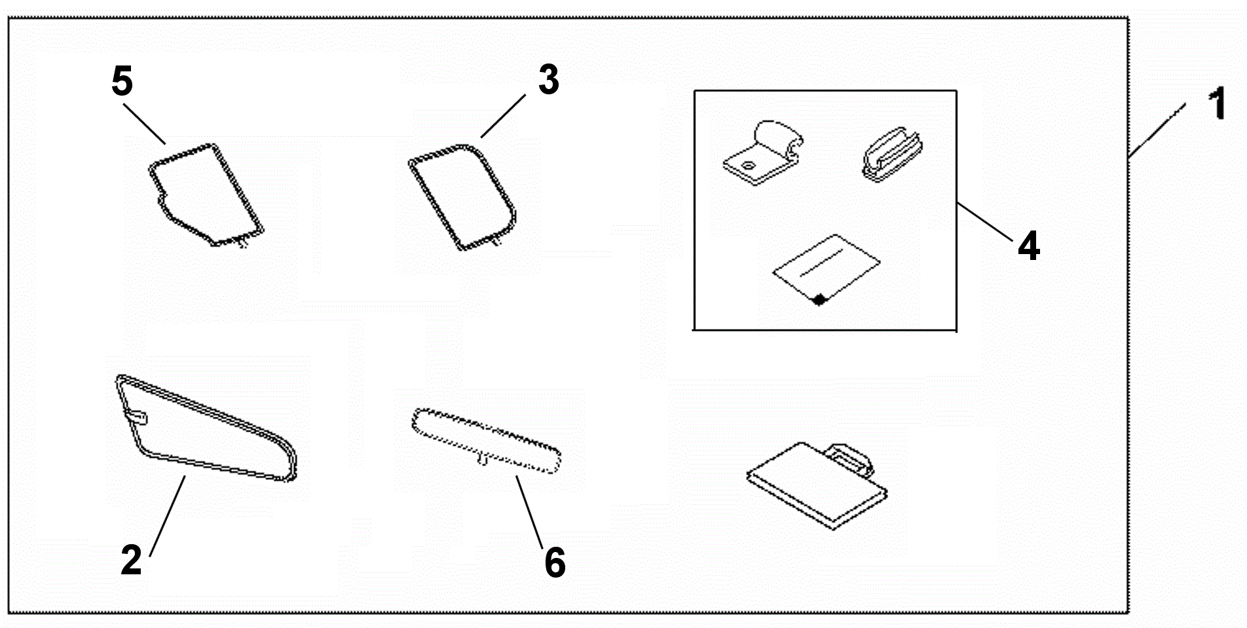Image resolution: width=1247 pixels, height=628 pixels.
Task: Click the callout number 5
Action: click(x=122, y=82)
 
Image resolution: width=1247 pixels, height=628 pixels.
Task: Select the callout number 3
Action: click(x=549, y=80)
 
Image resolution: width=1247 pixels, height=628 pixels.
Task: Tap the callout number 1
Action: click(x=1218, y=105)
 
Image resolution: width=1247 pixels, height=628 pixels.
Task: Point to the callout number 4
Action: click(x=1029, y=247)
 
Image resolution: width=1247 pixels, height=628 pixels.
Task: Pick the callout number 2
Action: click(x=131, y=560)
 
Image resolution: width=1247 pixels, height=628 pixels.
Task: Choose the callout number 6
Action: click(x=555, y=563)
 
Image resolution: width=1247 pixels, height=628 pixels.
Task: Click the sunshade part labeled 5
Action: click(x=204, y=193)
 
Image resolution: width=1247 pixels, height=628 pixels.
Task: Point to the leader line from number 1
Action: click(x=1157, y=130)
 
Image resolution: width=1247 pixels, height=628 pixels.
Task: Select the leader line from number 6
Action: click(x=529, y=511)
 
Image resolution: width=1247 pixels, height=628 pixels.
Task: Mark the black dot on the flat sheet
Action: click(x=818, y=300)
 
